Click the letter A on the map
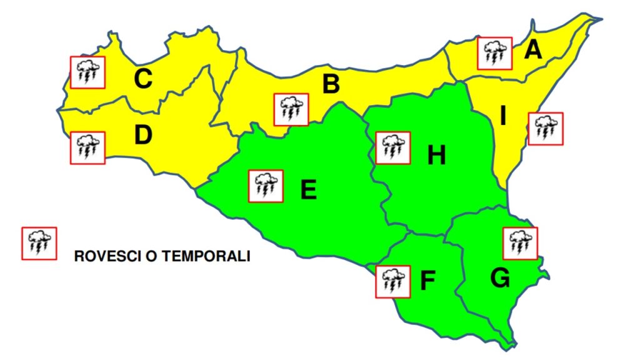[533, 49]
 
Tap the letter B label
[331, 84]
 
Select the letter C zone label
[143, 79]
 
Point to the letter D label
[143, 135]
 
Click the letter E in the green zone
[308, 189]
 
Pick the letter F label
[427, 282]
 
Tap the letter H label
[436, 155]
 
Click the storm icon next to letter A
[495, 53]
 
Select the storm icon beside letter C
[87, 72]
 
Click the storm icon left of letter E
[266, 186]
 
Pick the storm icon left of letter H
[393, 148]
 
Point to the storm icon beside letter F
[393, 281]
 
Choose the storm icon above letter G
[520, 243]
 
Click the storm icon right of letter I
[545, 129]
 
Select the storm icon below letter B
[291, 110]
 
